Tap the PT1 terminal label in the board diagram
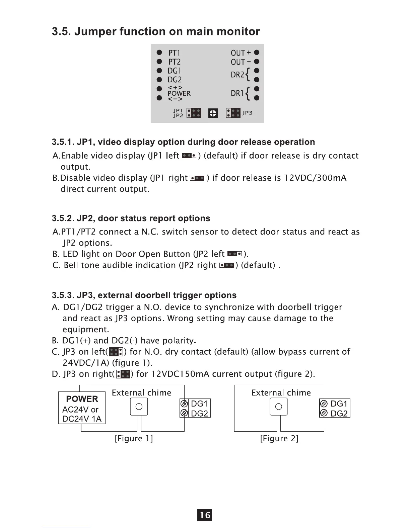(174, 53)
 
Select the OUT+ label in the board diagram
(241, 53)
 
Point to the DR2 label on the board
(237, 75)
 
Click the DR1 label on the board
(237, 93)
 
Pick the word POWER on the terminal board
(179, 93)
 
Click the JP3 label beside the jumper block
(247, 113)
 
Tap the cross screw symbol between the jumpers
(213, 114)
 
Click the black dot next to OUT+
(257, 53)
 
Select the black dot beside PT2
(159, 62)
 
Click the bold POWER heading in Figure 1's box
(82, 399)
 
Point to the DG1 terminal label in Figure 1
(199, 404)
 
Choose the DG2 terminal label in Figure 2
(339, 414)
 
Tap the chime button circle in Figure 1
(139, 406)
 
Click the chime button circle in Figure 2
(279, 406)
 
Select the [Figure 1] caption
(134, 438)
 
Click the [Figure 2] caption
(279, 438)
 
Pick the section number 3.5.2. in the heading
(63, 218)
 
